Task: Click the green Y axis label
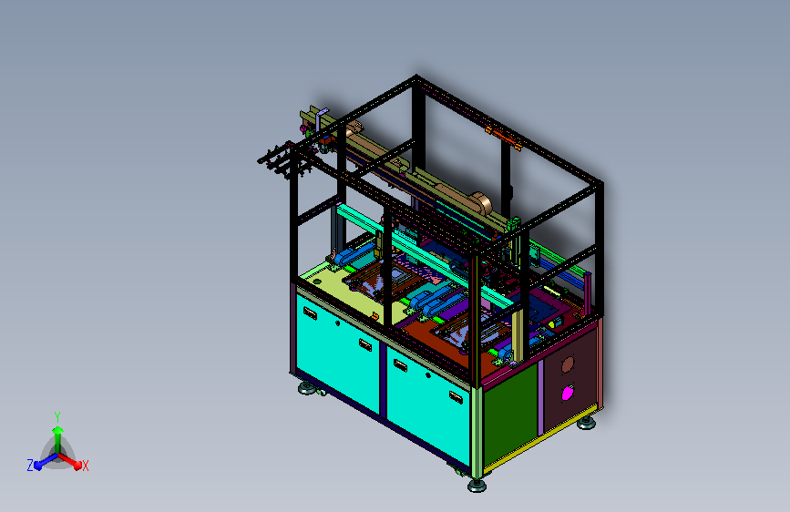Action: (x=56, y=416)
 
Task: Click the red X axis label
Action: (x=85, y=466)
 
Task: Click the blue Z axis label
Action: (x=30, y=466)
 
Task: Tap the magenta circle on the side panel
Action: (x=568, y=393)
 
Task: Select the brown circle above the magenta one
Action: (x=568, y=364)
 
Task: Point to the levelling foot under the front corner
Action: (x=477, y=486)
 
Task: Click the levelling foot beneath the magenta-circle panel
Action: (x=586, y=423)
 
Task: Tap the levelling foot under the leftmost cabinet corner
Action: (x=307, y=388)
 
